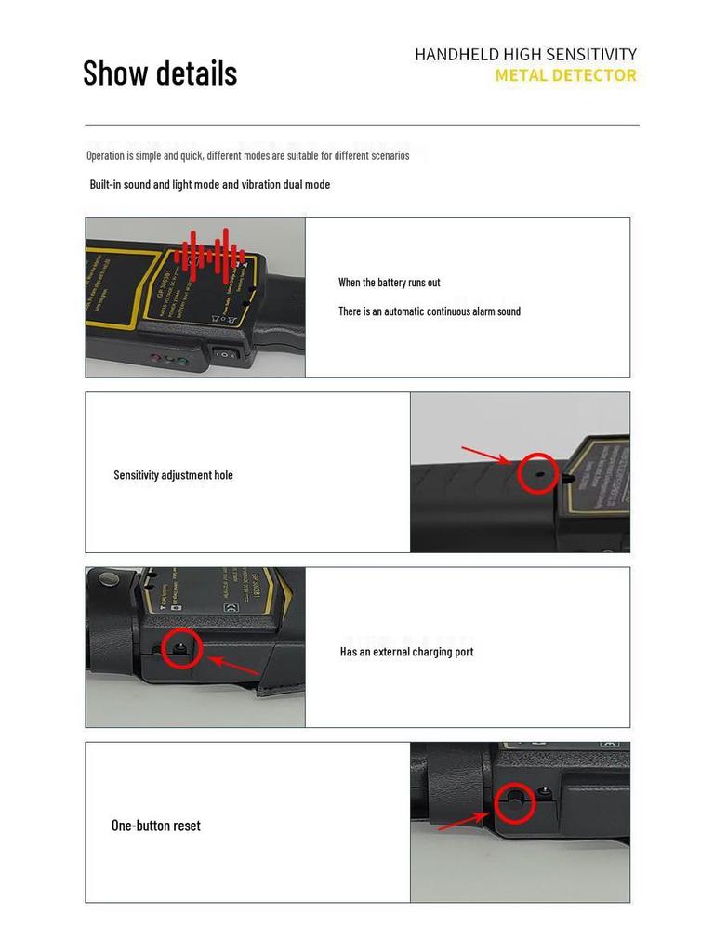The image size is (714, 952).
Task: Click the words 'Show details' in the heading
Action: click(160, 73)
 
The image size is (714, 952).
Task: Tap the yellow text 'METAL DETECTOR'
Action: click(565, 75)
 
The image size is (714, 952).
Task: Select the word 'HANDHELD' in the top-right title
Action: click(456, 55)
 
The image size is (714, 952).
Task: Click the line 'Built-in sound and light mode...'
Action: click(209, 184)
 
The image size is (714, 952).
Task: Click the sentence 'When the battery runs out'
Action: click(389, 282)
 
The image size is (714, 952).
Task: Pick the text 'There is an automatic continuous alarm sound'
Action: click(429, 311)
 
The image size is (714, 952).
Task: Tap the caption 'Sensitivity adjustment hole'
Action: click(173, 475)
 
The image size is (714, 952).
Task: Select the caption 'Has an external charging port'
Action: click(406, 652)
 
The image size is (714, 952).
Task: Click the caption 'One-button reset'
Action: click(155, 826)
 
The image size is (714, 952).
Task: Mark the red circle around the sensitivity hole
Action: click(538, 473)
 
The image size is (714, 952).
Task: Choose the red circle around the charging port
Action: click(181, 647)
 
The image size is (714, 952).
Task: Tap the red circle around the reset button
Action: click(515, 802)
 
